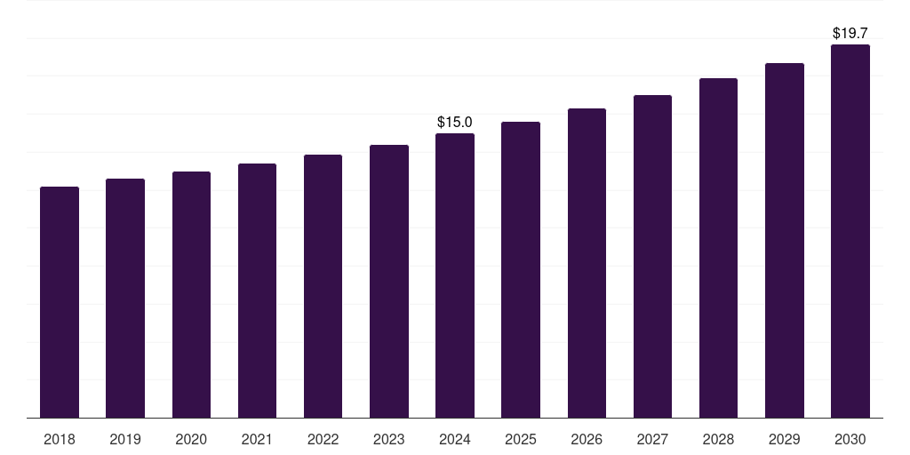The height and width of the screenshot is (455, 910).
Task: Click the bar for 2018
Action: pyautogui.click(x=60, y=302)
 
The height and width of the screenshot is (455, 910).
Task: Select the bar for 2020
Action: pyautogui.click(x=192, y=295)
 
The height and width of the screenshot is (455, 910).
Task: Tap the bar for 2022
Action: pyautogui.click(x=323, y=286)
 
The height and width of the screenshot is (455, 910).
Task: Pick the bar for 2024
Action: pyautogui.click(x=455, y=275)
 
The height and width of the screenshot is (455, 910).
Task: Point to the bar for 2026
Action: pyautogui.click(x=587, y=263)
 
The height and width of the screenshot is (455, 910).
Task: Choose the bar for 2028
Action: pyautogui.click(x=718, y=248)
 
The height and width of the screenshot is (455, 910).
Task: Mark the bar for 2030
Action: pyautogui.click(x=850, y=231)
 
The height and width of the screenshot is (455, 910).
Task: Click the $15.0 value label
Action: pyautogui.click(x=455, y=123)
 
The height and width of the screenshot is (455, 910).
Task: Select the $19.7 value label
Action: pyautogui.click(x=850, y=34)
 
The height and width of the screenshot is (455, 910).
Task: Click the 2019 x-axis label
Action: pyautogui.click(x=125, y=440)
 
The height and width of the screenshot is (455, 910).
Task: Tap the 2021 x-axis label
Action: pyautogui.click(x=257, y=440)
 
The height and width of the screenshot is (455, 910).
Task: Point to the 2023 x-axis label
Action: pyautogui.click(x=389, y=440)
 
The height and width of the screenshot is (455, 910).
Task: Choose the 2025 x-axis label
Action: pyautogui.click(x=521, y=440)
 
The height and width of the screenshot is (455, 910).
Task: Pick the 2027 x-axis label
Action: pyautogui.click(x=652, y=440)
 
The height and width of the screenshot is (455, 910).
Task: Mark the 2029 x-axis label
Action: pyautogui.click(x=784, y=440)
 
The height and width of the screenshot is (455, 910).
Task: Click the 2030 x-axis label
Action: pyautogui.click(x=850, y=440)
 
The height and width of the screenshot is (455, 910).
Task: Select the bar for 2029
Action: pyautogui.click(x=785, y=240)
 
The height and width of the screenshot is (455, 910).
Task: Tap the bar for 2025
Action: pyautogui.click(x=521, y=270)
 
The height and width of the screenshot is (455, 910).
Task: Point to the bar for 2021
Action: pyautogui.click(x=257, y=291)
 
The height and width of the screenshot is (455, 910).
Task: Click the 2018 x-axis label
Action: pyautogui.click(x=60, y=440)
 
